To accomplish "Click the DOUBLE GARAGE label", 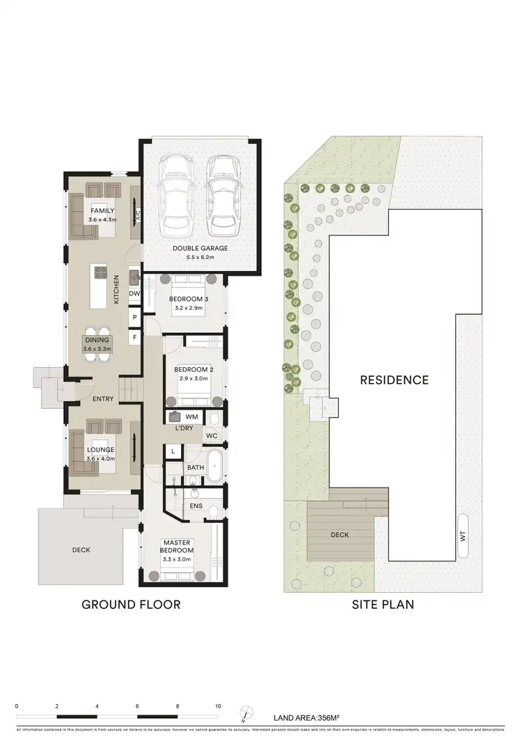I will click(x=203, y=248).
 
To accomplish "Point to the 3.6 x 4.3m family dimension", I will click(x=102, y=220).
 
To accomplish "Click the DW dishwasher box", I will click(x=134, y=294).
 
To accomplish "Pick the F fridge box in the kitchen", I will click(x=134, y=338).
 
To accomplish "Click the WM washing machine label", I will click(x=192, y=417).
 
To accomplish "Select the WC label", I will click(x=212, y=437).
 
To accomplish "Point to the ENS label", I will click(x=196, y=506).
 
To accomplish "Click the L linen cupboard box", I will click(x=173, y=452).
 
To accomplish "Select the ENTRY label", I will click(x=103, y=399).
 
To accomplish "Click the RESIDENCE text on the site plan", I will click(x=394, y=380).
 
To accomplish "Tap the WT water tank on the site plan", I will click(x=462, y=536).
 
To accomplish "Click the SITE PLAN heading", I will click(x=382, y=604).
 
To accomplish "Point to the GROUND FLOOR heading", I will click(x=131, y=604).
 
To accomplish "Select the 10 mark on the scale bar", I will click(x=218, y=706).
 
